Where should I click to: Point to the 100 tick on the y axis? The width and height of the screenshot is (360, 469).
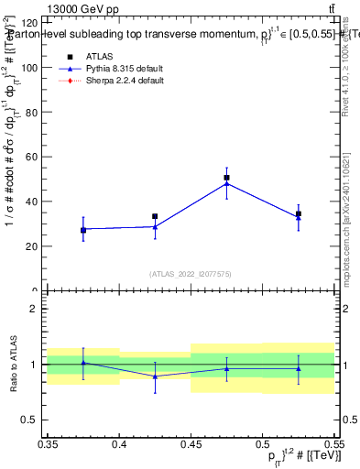point(31,68)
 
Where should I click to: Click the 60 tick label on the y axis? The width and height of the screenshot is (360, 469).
point(31,158)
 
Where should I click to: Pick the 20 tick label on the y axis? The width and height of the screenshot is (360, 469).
point(31,246)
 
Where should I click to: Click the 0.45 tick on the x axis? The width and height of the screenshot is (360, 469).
point(191,444)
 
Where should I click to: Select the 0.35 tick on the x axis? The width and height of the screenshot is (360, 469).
point(48,444)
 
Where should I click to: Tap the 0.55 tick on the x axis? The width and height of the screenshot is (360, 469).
point(333,444)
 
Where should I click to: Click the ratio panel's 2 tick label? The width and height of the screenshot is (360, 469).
point(35,309)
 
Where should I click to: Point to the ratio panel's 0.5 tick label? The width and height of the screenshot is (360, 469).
point(31,420)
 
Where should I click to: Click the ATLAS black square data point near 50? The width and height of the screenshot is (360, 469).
point(227,178)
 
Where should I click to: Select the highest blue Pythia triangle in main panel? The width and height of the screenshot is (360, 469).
point(227,183)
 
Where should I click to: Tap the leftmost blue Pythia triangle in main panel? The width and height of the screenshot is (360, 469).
point(83,229)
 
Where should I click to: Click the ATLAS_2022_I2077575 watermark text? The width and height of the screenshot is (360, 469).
point(191,274)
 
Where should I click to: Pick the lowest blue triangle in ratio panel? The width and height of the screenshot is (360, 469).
point(155,376)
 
